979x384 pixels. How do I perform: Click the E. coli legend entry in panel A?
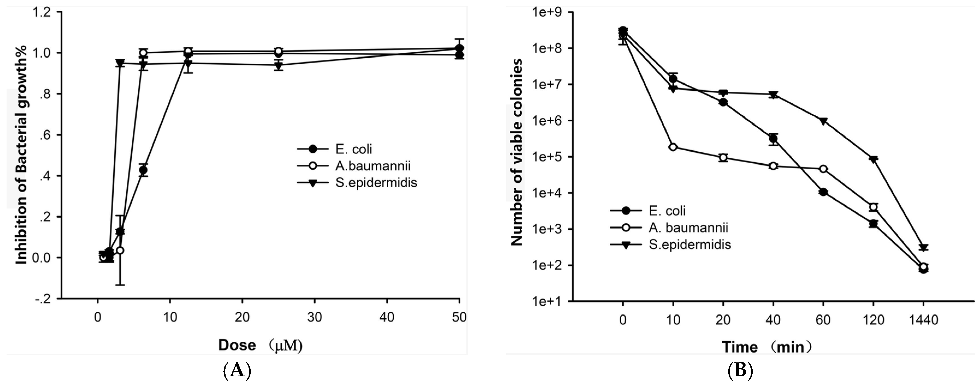[353, 149]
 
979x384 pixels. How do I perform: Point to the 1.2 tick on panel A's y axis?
[42, 12]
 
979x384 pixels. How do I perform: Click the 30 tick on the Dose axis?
[315, 317]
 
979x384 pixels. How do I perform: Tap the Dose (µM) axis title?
[260, 345]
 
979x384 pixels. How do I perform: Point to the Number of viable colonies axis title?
[516, 152]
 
